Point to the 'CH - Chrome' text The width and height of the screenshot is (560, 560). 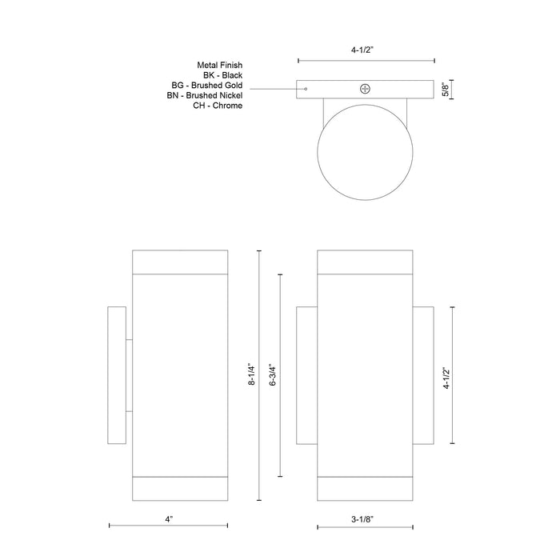tap(218, 106)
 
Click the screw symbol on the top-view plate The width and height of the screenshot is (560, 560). tap(366, 89)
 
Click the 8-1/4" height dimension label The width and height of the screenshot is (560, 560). tap(252, 374)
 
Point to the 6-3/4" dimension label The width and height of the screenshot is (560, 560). tap(274, 374)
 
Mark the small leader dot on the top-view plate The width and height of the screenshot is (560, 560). tap(306, 89)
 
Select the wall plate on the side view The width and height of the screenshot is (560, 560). tap(117, 374)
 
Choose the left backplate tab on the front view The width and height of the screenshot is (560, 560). tap(306, 374)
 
